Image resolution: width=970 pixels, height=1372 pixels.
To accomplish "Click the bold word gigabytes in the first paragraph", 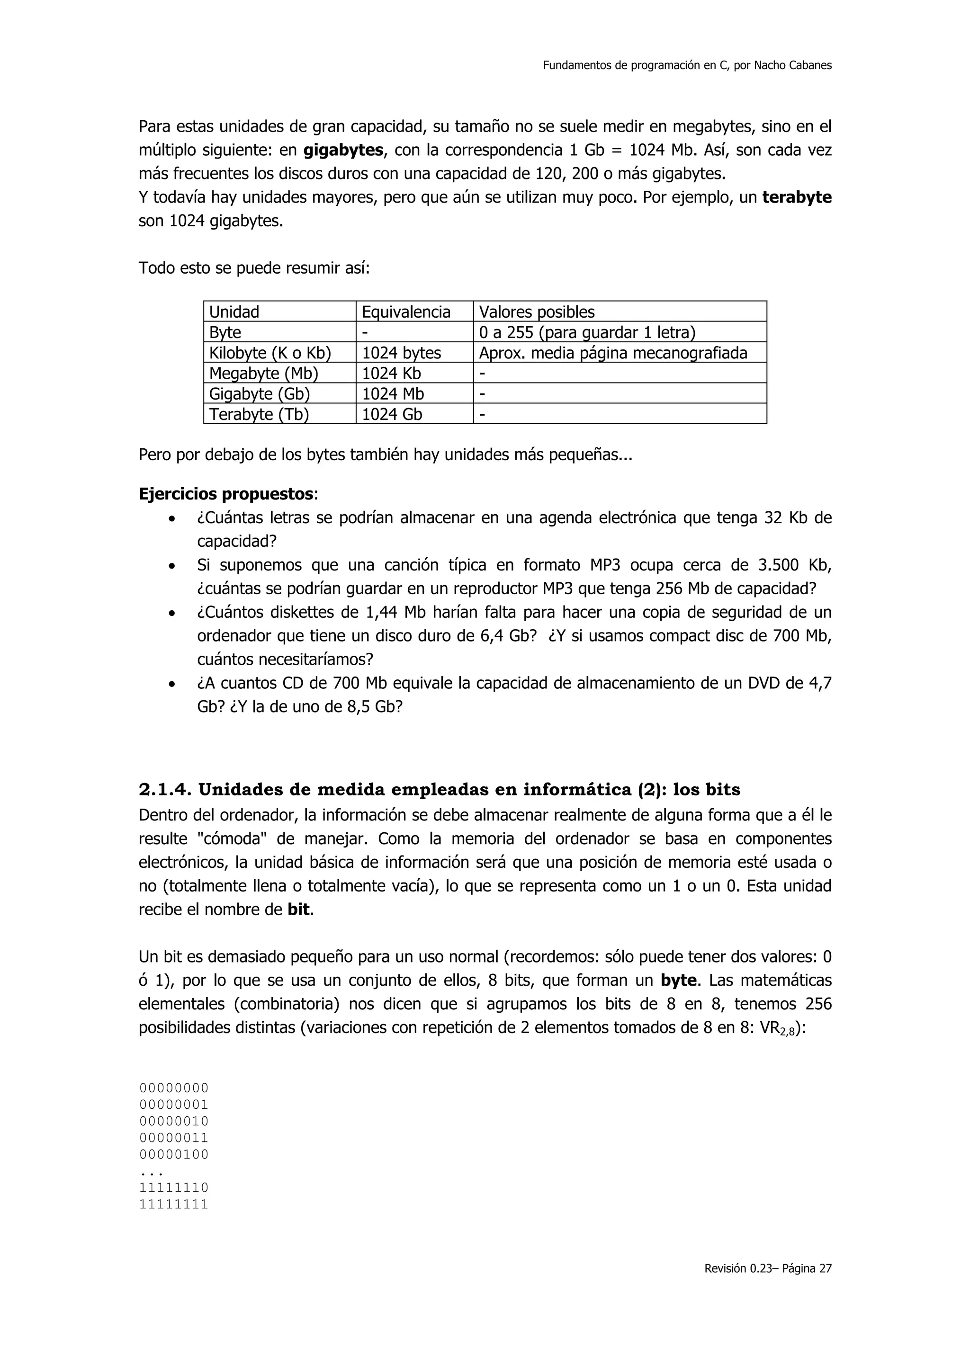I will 343,151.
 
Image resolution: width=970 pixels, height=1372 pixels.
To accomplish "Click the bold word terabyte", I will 797,198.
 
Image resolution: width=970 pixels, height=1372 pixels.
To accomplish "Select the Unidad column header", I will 234,312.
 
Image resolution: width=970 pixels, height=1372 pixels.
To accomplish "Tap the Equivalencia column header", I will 406,312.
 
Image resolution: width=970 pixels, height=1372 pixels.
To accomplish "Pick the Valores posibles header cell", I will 537,312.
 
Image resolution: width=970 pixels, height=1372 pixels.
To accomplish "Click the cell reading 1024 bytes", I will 401,353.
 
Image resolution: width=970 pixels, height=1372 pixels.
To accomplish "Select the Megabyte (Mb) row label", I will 263,374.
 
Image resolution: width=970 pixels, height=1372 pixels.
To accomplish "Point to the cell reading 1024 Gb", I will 392,414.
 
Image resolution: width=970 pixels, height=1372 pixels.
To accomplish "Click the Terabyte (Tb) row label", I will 259,414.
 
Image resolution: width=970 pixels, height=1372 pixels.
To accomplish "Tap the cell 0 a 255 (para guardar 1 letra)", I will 587,333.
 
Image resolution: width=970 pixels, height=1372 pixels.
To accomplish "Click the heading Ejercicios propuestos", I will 226,494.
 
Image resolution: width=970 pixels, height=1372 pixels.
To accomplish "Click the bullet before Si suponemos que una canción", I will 172,566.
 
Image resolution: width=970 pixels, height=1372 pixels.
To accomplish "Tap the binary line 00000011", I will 173,1138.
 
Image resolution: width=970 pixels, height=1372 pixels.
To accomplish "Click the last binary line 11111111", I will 173,1204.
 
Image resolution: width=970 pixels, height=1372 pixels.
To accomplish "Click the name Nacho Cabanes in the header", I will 792,66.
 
